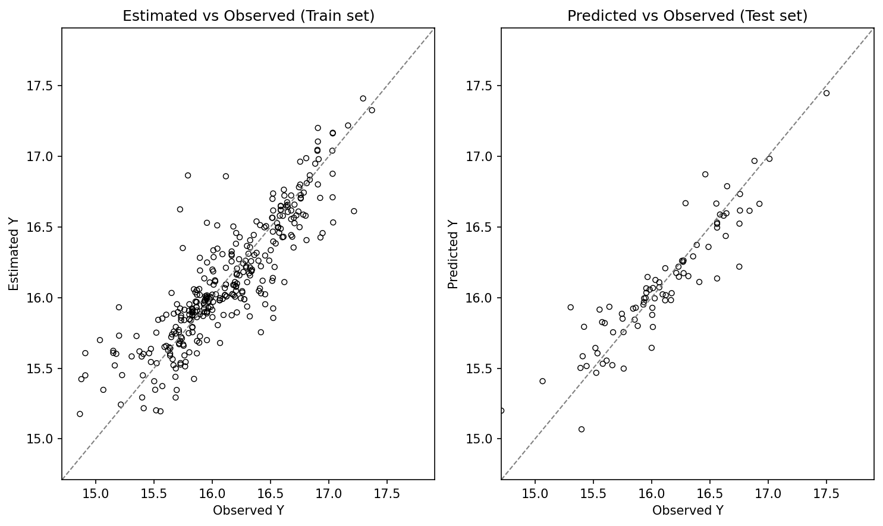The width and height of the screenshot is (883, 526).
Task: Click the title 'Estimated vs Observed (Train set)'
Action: point(249,16)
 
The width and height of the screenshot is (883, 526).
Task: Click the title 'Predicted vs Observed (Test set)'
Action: point(687,16)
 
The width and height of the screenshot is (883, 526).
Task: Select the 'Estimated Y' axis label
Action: point(14,254)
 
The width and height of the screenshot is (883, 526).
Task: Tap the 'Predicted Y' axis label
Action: point(454,254)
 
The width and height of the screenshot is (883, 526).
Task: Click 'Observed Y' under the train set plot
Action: point(249,510)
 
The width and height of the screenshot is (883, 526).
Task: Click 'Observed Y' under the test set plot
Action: point(687,510)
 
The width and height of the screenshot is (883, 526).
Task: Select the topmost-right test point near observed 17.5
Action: point(827,93)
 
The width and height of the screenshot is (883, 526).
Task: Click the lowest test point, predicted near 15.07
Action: point(582,429)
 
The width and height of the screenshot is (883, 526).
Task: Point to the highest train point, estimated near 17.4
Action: point(363,99)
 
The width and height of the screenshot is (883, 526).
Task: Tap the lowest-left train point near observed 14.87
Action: point(80,414)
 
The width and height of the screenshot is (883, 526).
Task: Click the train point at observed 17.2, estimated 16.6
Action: point(354,211)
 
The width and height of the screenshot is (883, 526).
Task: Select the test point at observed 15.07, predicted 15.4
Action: point(542,381)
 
